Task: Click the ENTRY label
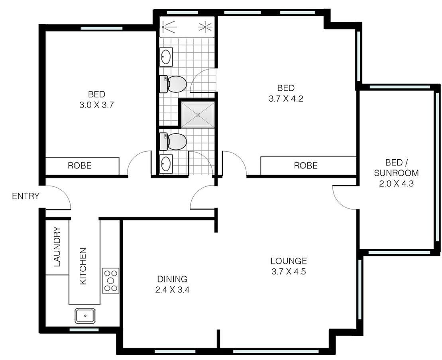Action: point(26,196)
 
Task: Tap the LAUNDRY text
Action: point(57,247)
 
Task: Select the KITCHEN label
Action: point(83,266)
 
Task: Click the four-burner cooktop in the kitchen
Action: point(110,281)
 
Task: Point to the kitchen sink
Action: point(85,316)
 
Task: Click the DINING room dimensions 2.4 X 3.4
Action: point(172,290)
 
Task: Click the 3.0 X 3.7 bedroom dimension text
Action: point(97,105)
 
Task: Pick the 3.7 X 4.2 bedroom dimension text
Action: point(286,99)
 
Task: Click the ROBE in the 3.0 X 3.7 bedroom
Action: point(79,165)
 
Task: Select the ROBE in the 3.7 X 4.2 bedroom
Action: point(306,165)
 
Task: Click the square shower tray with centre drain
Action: point(198,115)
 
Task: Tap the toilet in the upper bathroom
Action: point(174,84)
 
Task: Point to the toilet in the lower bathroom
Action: point(174,142)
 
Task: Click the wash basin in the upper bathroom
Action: point(166,57)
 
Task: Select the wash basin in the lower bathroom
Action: point(166,164)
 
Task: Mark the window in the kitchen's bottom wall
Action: point(84,330)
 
